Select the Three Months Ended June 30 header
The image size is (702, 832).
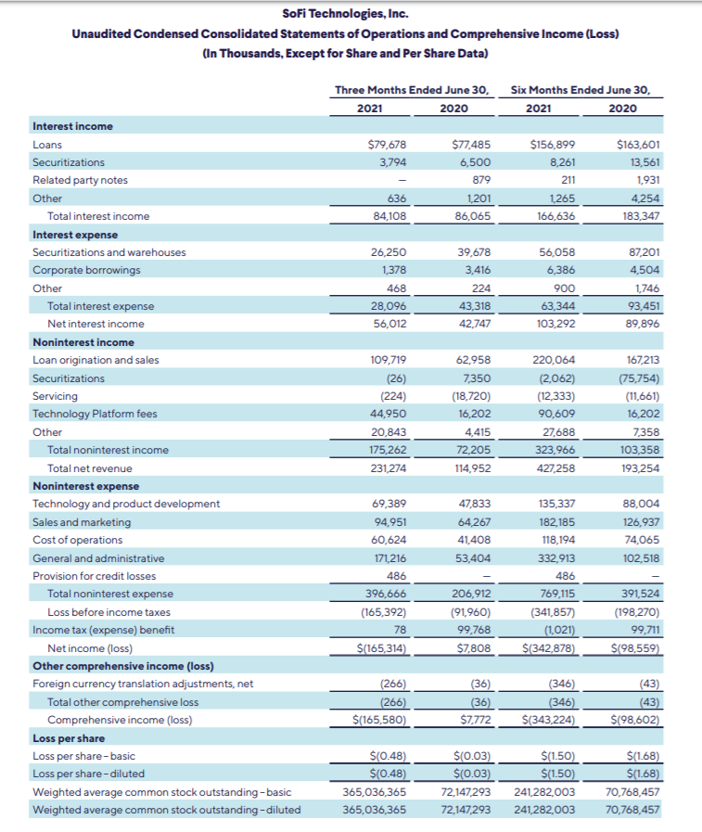[412, 90]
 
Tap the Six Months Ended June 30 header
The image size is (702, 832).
[581, 90]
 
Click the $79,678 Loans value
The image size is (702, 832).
[388, 145]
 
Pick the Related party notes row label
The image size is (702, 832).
[80, 180]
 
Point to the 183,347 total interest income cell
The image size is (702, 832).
[639, 216]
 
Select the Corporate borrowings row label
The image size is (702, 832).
[86, 270]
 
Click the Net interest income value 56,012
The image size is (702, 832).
[389, 324]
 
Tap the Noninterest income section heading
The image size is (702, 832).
[83, 342]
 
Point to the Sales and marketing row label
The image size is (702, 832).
[82, 522]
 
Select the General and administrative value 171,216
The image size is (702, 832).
[389, 558]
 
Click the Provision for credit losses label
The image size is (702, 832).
[94, 576]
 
